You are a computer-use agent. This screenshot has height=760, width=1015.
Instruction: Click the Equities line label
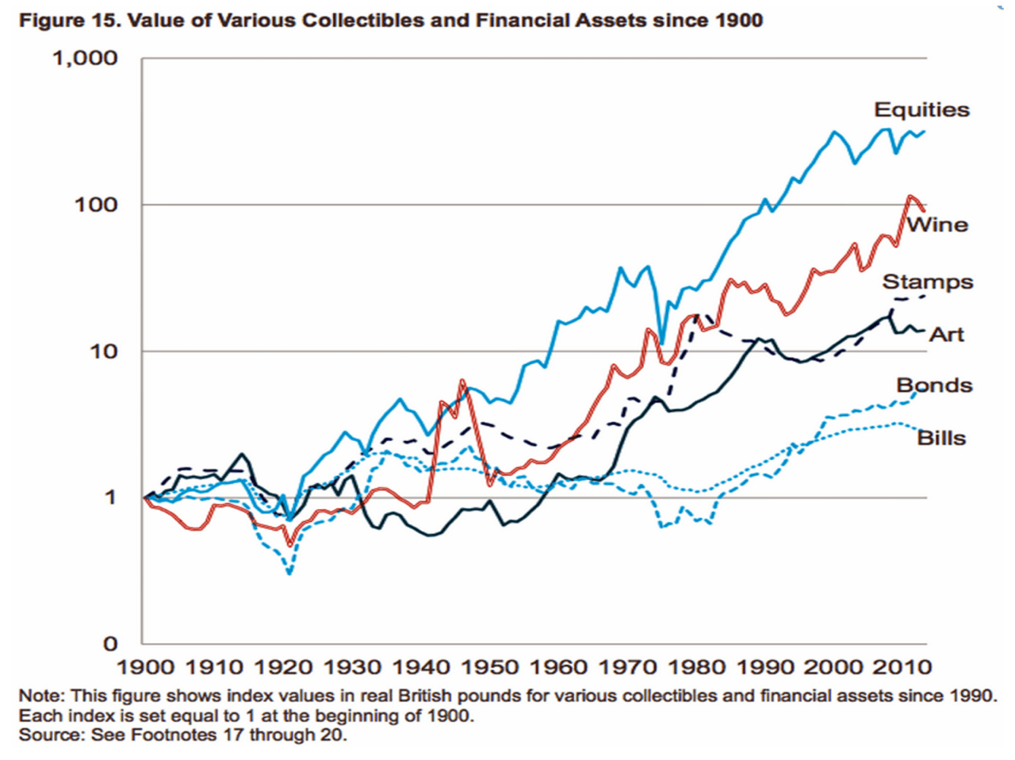(921, 109)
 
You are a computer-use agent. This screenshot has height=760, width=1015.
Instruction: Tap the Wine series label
(937, 225)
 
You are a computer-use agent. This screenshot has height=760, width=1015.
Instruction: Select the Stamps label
(927, 282)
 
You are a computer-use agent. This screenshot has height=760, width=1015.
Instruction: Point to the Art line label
(946, 334)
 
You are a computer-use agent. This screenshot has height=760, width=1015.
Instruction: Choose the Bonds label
(934, 386)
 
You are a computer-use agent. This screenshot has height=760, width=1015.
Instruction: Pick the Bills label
(941, 438)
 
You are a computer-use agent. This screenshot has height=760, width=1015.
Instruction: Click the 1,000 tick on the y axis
(85, 58)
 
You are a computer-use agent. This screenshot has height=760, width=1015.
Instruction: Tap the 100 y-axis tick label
(95, 205)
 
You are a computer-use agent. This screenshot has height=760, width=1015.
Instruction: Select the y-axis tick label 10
(102, 351)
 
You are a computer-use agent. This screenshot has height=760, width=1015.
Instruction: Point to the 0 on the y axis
(110, 644)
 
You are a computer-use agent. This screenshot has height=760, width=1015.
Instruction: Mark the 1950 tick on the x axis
(485, 667)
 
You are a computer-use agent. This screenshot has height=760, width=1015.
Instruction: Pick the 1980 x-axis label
(691, 667)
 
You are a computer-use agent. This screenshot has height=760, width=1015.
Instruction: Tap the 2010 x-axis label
(898, 667)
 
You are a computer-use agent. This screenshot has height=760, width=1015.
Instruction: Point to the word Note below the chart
(40, 697)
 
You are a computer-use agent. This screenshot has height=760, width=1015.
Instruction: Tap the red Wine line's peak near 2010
(910, 196)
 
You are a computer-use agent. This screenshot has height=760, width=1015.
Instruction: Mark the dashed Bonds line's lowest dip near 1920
(290, 573)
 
